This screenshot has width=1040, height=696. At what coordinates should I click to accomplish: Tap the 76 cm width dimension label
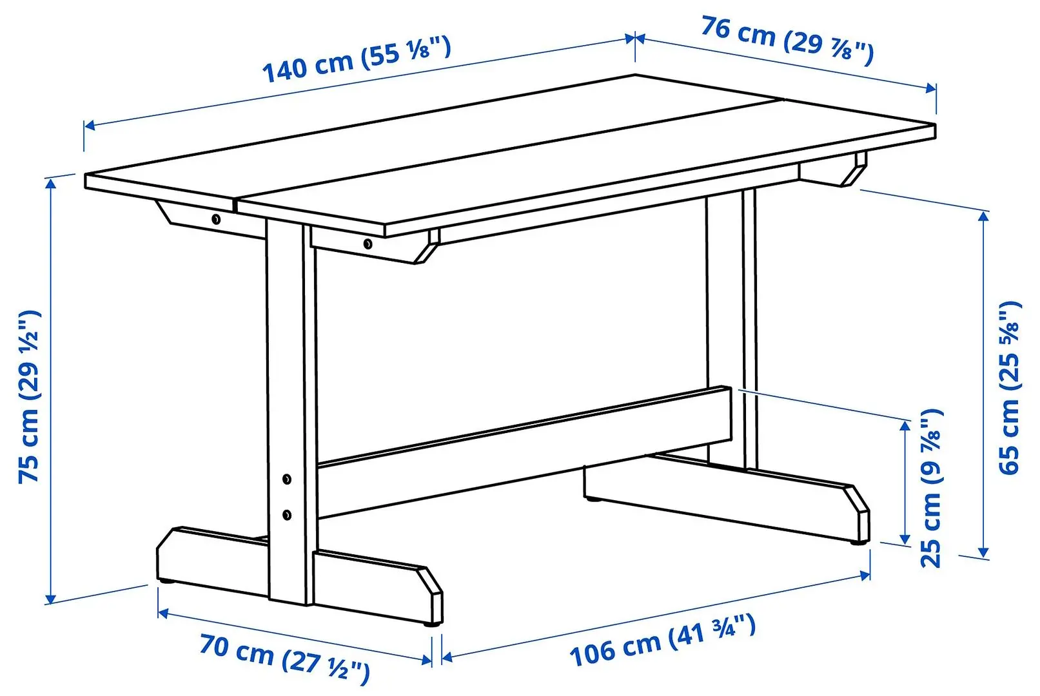(787, 41)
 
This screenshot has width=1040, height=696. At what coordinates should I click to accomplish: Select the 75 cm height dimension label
(30, 396)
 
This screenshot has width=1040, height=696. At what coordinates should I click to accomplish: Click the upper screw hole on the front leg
(287, 479)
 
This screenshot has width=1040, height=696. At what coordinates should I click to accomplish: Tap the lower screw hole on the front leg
(287, 514)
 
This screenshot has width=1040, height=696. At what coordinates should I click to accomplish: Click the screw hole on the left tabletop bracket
(216, 220)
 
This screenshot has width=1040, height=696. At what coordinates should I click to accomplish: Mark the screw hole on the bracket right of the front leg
(368, 244)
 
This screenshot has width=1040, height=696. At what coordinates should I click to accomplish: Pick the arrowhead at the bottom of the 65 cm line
(983, 552)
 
